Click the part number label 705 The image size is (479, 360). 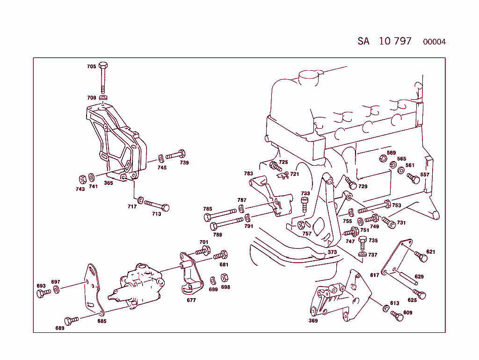click(91, 66)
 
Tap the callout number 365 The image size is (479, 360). click(108, 183)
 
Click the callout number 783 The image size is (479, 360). click(248, 173)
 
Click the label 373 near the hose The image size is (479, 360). click(332, 252)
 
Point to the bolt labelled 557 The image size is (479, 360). click(414, 179)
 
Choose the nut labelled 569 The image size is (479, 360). click(382, 159)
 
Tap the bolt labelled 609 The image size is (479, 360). click(397, 316)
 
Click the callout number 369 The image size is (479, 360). click(313, 321)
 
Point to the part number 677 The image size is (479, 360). click(191, 300)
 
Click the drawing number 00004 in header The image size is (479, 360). click(434, 42)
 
